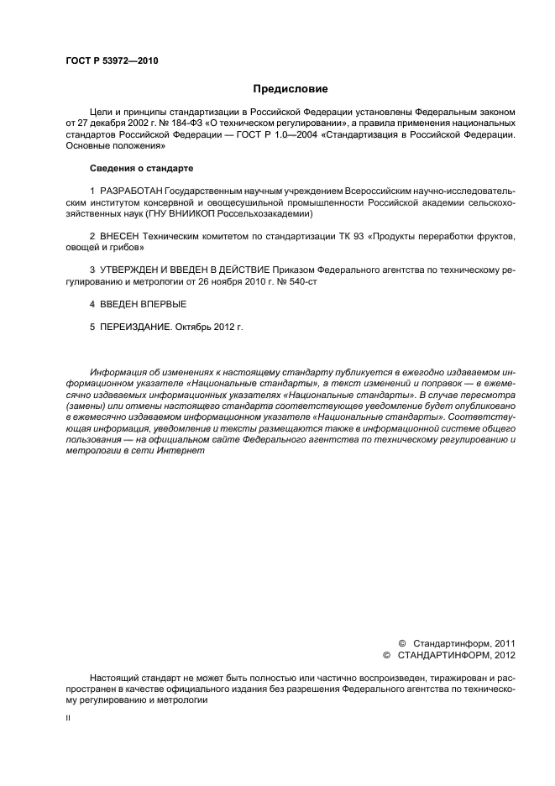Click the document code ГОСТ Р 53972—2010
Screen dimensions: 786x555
coord(112,60)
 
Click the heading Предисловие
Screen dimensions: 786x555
coord(291,88)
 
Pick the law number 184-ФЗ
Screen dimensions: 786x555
coord(174,123)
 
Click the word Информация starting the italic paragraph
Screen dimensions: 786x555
coord(117,373)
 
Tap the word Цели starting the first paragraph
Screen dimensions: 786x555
coord(100,111)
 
